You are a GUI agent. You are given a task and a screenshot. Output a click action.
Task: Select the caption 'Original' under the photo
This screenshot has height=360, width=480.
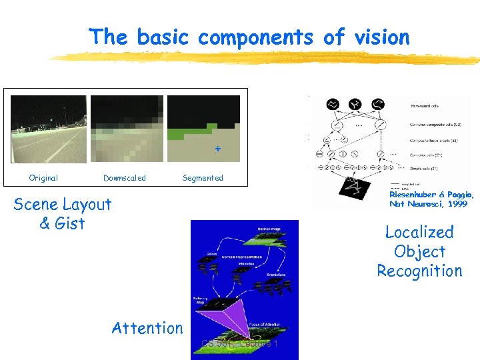(x=43, y=178)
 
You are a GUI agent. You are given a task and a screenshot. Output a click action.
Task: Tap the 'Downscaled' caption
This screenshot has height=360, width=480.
(x=125, y=178)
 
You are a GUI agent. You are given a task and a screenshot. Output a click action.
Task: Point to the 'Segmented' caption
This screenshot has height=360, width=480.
(x=203, y=178)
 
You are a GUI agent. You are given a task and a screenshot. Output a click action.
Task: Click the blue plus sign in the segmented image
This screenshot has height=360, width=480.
(x=217, y=149)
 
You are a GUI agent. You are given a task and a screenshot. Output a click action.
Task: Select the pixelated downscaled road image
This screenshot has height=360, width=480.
(x=127, y=129)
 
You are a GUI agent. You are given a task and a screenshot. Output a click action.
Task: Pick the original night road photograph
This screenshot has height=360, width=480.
(x=49, y=129)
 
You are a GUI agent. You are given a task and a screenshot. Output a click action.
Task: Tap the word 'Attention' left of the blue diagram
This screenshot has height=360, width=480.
(x=147, y=327)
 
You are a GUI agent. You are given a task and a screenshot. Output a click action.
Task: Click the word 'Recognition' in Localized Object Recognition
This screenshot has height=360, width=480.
(x=419, y=271)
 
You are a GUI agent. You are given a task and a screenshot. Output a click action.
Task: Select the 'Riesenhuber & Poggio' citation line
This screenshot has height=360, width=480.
(x=431, y=195)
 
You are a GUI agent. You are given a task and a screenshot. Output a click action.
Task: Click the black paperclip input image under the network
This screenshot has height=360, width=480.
(x=355, y=189)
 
